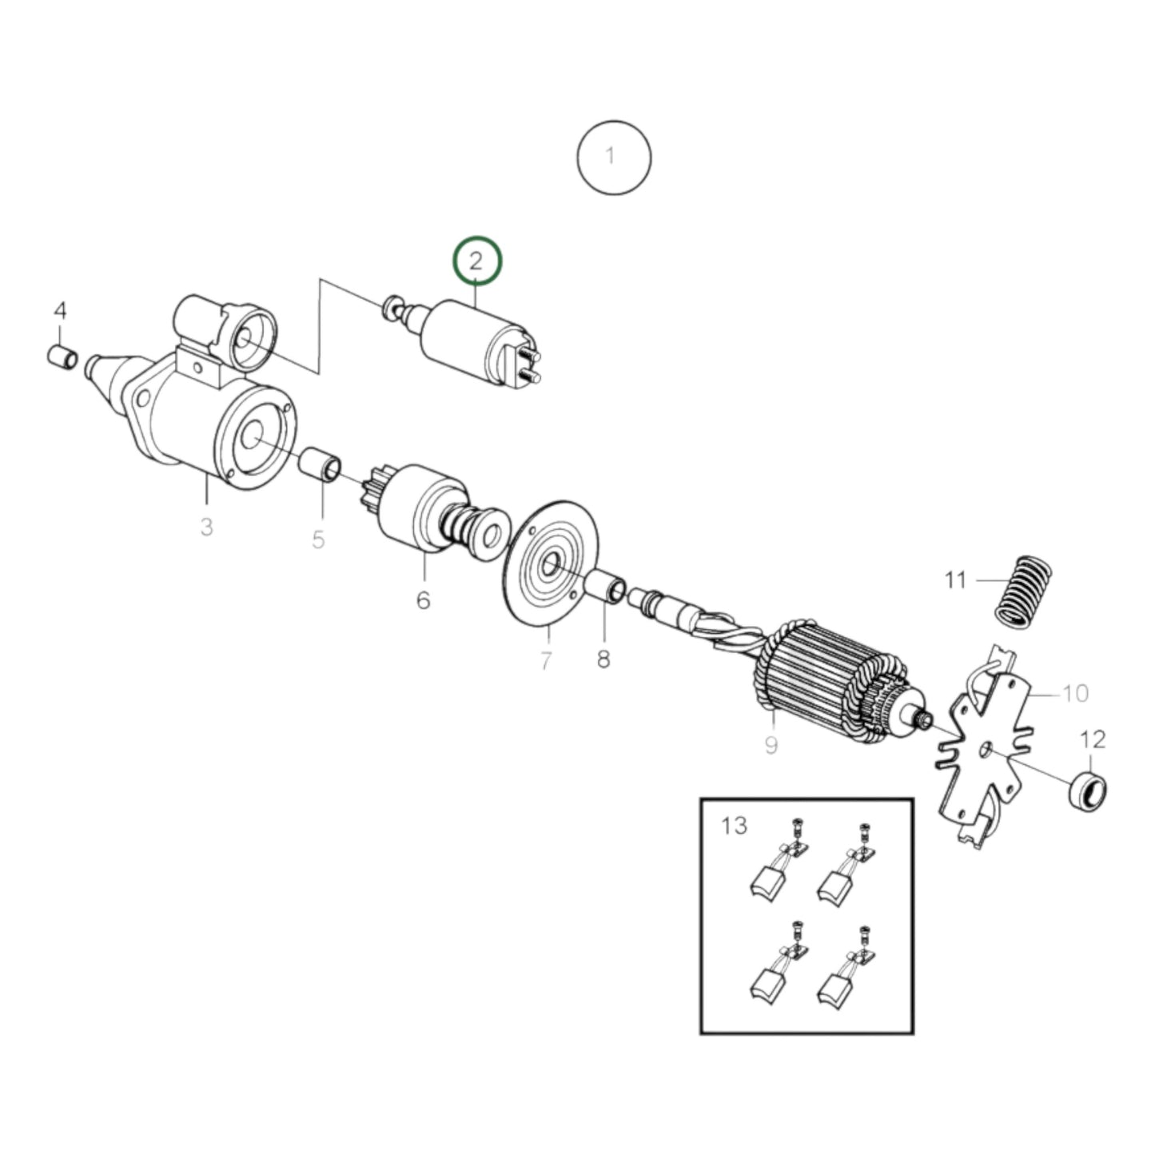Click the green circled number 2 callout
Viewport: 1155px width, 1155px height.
477,261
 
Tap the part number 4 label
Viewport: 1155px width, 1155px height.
61,312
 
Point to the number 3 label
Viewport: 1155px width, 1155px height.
206,528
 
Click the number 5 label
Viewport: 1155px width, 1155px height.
318,540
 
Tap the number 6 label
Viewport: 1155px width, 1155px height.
423,599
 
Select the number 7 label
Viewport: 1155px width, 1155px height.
546,661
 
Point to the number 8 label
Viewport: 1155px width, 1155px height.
603,659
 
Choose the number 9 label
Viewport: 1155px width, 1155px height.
771,745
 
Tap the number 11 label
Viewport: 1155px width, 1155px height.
956,579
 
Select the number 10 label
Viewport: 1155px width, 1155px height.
1077,693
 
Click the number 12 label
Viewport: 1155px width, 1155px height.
1093,739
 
